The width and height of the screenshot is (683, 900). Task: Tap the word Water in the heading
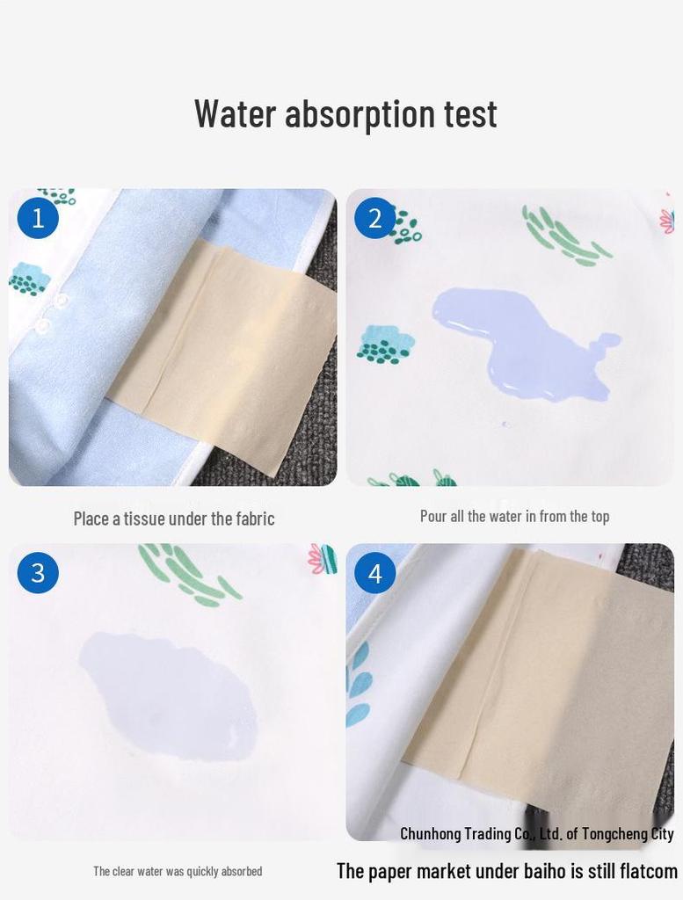(236, 112)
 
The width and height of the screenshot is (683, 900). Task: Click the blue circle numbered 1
(38, 218)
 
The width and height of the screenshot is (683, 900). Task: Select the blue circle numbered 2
(374, 218)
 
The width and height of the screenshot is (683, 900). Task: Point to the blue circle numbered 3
(38, 573)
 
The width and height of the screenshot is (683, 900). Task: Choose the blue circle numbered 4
(374, 573)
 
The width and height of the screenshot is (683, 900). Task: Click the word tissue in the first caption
(145, 519)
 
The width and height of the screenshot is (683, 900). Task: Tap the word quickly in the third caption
(201, 871)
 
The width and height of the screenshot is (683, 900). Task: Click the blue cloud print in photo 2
(386, 344)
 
